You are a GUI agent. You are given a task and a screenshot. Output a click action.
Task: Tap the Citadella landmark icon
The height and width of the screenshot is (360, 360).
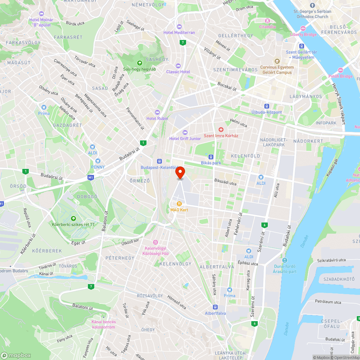(267, 21)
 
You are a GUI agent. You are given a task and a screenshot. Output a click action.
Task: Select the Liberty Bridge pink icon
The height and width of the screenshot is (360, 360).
(303, 28)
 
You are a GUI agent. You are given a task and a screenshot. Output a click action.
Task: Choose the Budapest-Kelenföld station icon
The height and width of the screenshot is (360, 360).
(159, 162)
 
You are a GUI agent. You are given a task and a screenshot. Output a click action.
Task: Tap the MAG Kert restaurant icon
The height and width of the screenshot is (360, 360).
(179, 204)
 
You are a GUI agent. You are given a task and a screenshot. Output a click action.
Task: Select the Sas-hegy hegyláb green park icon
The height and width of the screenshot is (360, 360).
(140, 63)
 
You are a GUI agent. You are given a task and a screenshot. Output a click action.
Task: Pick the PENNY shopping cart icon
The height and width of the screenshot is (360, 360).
(98, 161)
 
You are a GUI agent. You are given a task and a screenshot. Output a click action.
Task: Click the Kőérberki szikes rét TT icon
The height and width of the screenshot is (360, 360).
(73, 218)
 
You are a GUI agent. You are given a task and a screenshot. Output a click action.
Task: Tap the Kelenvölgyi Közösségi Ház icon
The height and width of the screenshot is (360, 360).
(156, 242)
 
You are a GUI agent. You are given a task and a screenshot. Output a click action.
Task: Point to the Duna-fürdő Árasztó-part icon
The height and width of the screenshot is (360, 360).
(285, 260)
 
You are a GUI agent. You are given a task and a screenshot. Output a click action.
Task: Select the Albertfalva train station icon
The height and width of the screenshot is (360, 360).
(215, 307)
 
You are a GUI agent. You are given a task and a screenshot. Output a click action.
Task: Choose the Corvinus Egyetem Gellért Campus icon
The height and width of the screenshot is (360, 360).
(277, 61)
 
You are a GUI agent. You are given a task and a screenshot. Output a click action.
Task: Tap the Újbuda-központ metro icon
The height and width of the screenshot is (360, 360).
(267, 106)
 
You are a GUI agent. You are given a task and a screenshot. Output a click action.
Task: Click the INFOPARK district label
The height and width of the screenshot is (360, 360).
(325, 123)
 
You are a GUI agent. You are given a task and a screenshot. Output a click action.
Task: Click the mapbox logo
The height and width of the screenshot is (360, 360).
(16, 355)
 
